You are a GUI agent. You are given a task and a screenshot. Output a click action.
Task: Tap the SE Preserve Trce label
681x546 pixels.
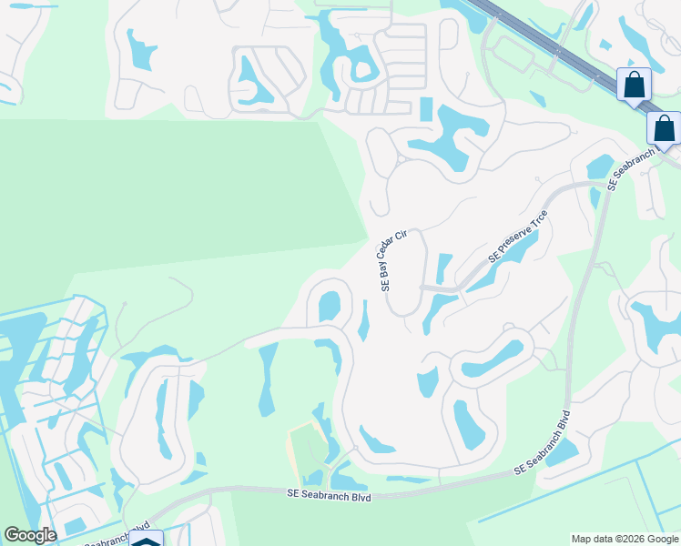[x=519, y=237]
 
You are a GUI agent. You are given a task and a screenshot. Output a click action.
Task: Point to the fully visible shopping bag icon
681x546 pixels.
[x=634, y=86]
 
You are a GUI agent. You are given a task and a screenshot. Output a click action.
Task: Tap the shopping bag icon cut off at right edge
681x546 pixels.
[x=665, y=128]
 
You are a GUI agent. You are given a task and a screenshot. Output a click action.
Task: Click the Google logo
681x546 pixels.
[x=30, y=535]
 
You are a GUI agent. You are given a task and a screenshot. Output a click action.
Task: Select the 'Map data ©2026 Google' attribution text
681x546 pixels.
[x=625, y=539]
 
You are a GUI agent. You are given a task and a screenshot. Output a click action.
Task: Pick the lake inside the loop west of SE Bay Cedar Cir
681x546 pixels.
[x=330, y=305]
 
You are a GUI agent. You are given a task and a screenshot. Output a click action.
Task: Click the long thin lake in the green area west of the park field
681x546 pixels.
[x=267, y=378]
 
